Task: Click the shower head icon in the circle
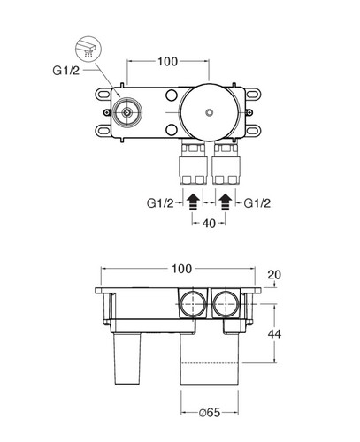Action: tap(88, 49)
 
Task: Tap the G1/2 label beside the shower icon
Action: tap(66, 71)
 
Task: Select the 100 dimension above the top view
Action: tap(168, 62)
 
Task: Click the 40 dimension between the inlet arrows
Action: tap(209, 224)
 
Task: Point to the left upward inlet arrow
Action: tap(193, 202)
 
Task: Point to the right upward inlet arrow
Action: tap(226, 202)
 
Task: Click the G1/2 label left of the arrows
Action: tap(160, 203)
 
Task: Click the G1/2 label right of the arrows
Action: tap(257, 203)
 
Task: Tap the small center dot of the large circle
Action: tap(210, 112)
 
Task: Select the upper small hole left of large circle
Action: tap(172, 95)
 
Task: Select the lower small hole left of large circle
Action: tap(172, 129)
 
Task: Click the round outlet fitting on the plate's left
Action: tap(127, 112)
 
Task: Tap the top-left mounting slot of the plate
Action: tap(103, 95)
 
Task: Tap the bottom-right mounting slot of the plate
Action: tap(253, 130)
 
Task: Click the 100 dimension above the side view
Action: tap(181, 269)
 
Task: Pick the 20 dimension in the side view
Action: tap(274, 275)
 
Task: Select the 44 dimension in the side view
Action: tap(274, 334)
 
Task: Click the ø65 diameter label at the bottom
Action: tap(210, 413)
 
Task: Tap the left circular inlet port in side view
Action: tap(193, 304)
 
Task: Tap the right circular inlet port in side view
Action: tap(226, 304)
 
